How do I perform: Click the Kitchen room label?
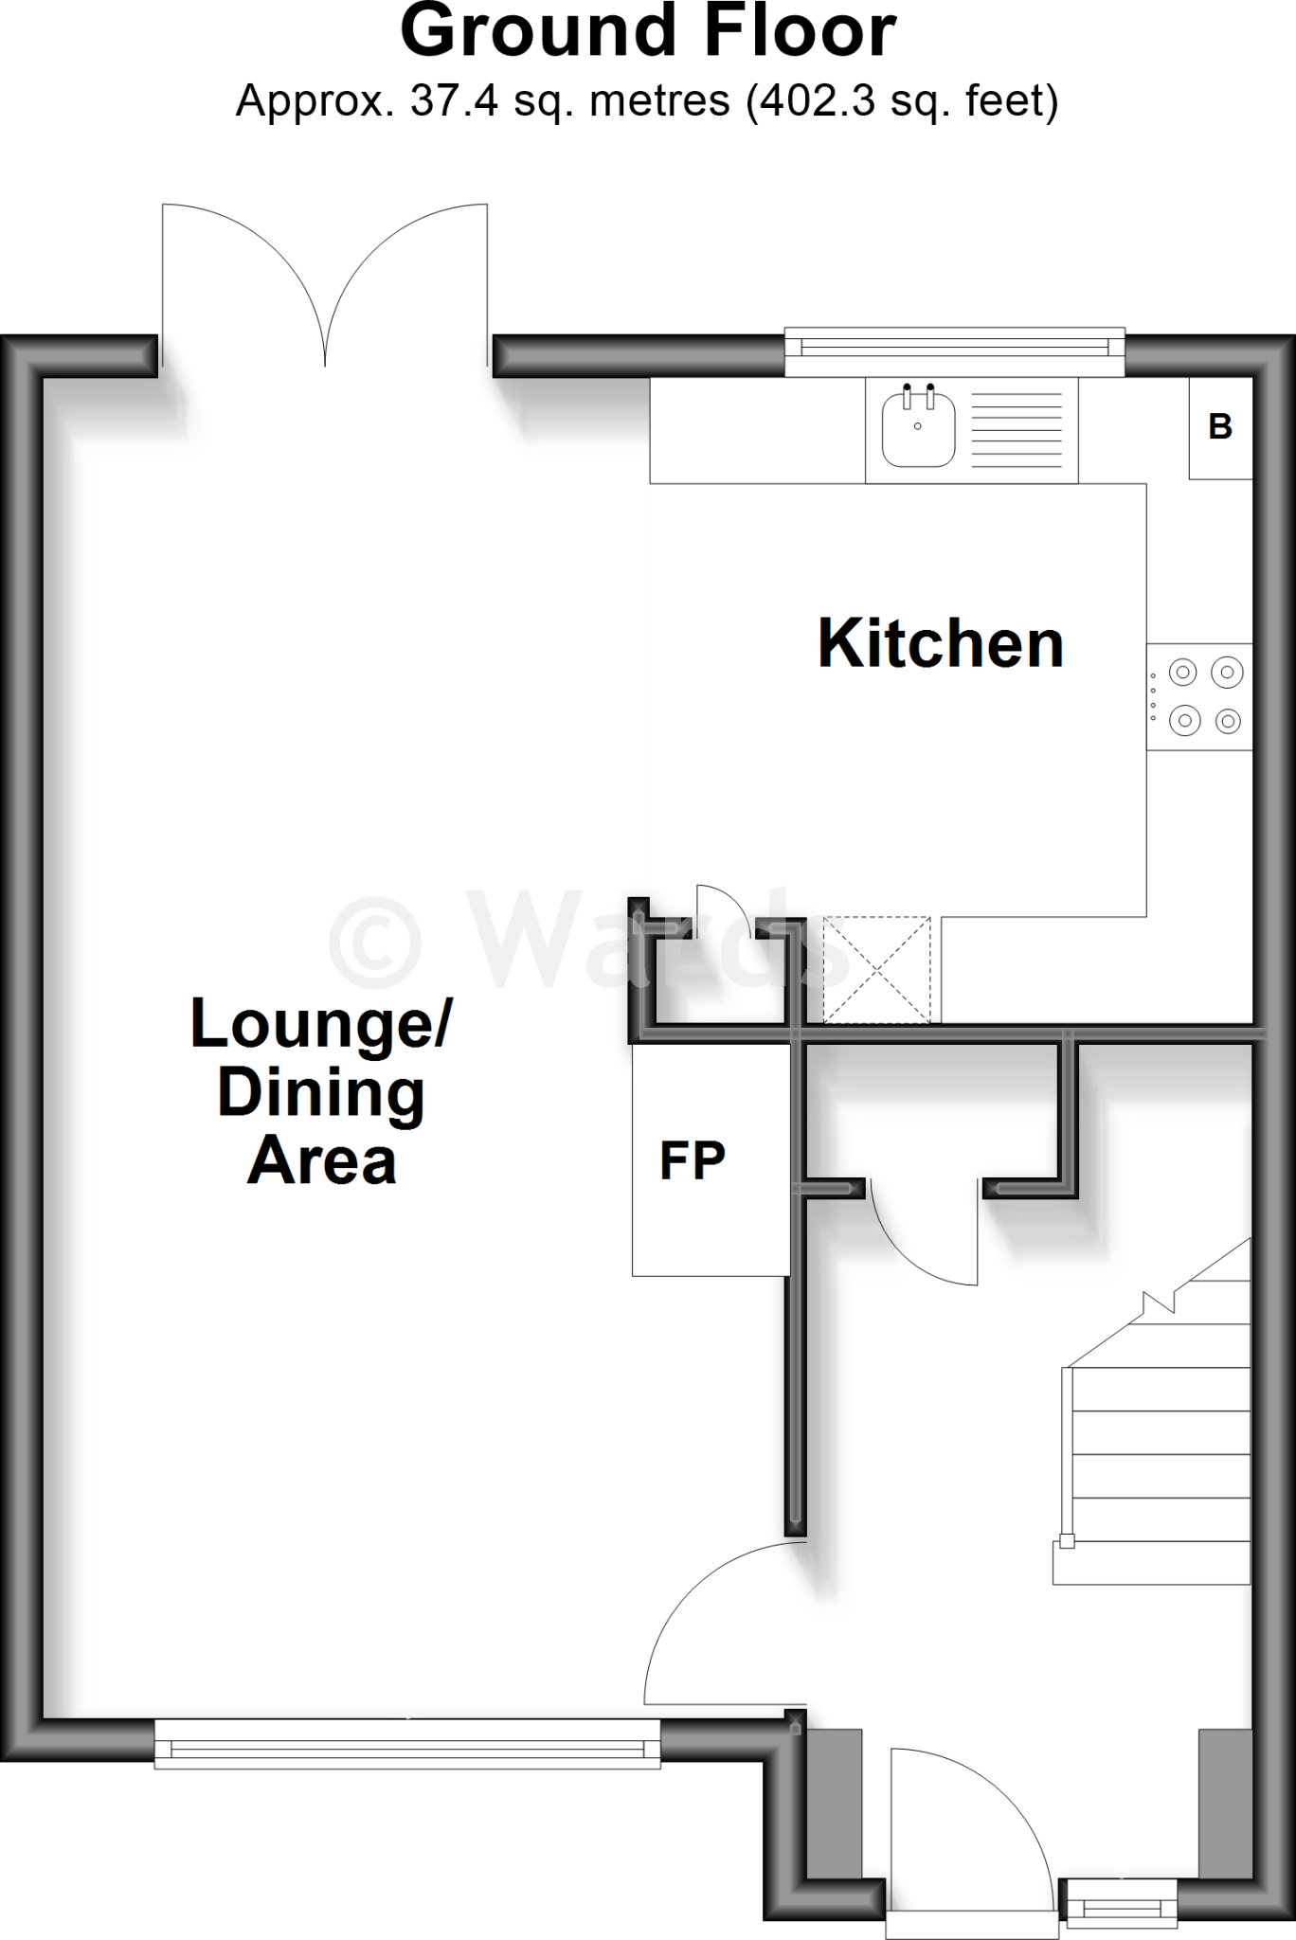tap(941, 644)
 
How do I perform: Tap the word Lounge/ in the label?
tap(322, 1024)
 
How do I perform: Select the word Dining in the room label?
tap(322, 1093)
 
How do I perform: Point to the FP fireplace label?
tap(693, 1160)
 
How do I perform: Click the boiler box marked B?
tap(1220, 427)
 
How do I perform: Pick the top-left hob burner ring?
tap(1182, 673)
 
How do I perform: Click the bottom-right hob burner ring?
tap(1228, 722)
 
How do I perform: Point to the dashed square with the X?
tap(876, 970)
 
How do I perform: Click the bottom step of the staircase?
tap(1151, 1563)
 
